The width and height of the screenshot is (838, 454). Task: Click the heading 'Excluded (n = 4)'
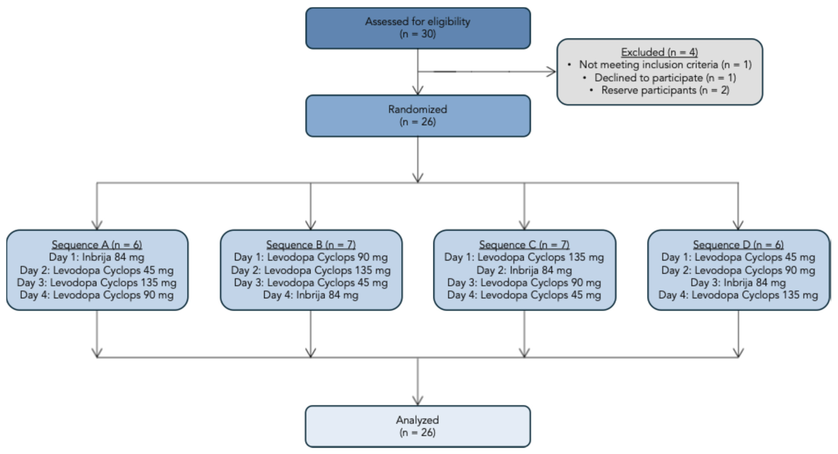click(x=659, y=52)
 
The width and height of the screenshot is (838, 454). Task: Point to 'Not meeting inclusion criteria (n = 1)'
click(x=665, y=65)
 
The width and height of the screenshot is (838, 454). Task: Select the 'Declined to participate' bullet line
click(x=665, y=78)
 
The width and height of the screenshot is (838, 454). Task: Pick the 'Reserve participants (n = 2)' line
click(x=665, y=90)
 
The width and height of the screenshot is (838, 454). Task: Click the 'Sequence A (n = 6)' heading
click(x=97, y=244)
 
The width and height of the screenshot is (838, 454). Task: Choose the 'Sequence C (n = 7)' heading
click(x=524, y=244)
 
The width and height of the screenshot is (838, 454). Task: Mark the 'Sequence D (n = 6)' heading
click(x=738, y=244)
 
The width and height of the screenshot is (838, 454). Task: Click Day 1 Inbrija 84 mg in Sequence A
click(x=97, y=257)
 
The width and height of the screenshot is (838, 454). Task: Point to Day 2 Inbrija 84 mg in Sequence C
click(x=524, y=270)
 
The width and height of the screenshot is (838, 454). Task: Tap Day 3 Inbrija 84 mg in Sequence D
click(x=738, y=283)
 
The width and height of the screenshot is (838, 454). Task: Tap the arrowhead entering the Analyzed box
click(x=418, y=401)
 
